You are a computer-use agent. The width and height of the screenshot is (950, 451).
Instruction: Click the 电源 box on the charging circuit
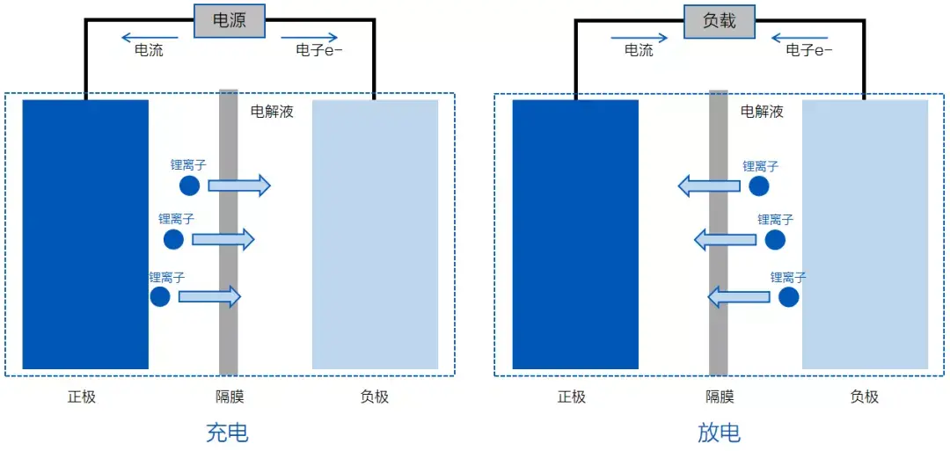click(230, 21)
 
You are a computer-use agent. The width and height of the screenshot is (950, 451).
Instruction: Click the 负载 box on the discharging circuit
click(719, 21)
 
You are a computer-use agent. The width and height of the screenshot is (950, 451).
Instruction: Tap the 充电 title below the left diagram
click(227, 433)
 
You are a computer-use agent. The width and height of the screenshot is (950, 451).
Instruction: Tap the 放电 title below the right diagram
click(719, 433)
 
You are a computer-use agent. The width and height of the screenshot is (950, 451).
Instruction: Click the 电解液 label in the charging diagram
click(272, 112)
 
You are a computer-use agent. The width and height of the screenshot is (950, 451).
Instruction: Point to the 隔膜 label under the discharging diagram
click(720, 396)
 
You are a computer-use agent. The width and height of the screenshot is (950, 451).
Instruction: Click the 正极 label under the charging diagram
click(82, 396)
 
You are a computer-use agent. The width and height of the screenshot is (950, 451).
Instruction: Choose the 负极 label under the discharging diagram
click(864, 396)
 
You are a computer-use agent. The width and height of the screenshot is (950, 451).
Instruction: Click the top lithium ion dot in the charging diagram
click(189, 185)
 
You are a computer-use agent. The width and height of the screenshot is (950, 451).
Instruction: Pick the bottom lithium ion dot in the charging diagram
click(160, 296)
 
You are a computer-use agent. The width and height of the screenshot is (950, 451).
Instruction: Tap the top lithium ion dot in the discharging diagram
click(759, 186)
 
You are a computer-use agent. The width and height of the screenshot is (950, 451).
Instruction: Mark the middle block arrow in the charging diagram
click(223, 239)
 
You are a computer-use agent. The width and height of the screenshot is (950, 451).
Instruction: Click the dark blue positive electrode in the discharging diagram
click(575, 234)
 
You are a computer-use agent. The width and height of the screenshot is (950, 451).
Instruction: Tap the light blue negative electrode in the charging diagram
click(375, 234)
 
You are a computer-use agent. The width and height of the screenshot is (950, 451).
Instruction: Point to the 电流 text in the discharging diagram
click(639, 51)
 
